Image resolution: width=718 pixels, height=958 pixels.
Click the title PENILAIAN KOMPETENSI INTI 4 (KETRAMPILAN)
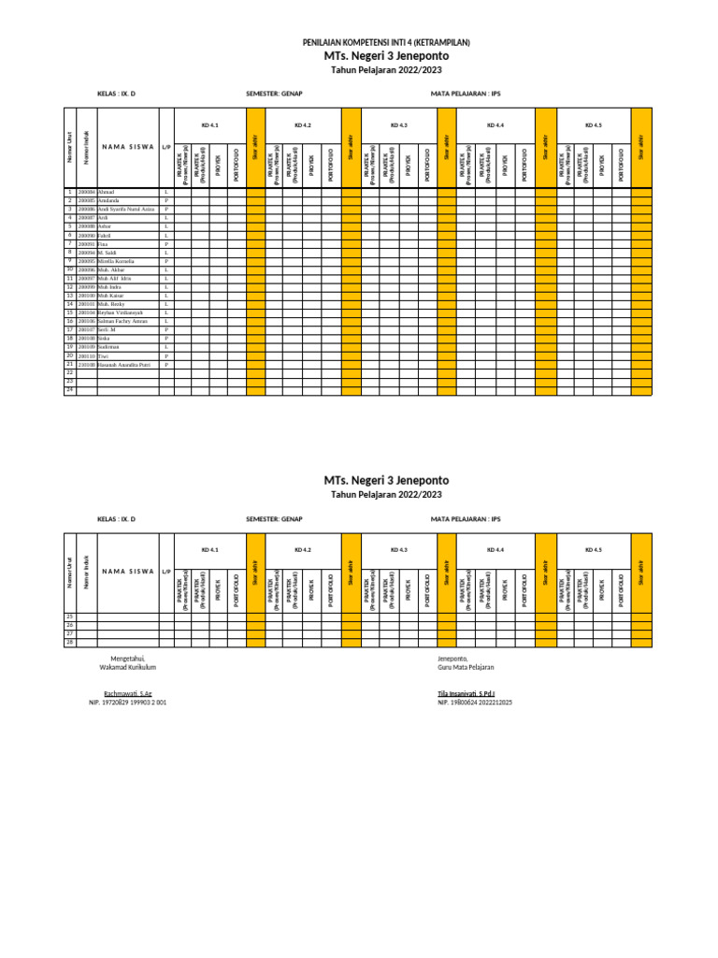pos(386,43)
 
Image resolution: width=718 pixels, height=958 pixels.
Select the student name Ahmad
pos(106,192)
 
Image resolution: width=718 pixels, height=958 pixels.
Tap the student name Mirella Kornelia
pos(117,261)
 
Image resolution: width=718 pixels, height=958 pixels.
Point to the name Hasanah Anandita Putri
pos(123,365)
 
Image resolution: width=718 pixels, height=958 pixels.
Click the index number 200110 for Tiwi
pos(86,356)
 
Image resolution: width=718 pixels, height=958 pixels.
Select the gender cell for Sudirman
pos(166,347)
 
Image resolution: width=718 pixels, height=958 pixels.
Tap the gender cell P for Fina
pos(166,243)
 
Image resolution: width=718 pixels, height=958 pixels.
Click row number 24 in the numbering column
pos(69,390)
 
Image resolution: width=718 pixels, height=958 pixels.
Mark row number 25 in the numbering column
pos(69,617)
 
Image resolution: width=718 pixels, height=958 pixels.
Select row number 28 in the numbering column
pos(69,643)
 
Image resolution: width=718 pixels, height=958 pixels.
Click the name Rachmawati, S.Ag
pos(127,693)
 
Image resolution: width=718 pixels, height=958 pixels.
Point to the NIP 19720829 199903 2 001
pos(127,702)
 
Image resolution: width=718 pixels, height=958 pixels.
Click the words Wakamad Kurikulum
pos(127,667)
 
